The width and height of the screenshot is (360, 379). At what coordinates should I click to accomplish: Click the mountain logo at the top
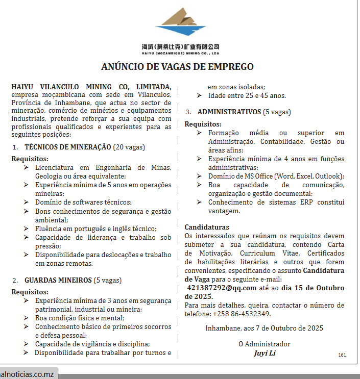click(x=180, y=24)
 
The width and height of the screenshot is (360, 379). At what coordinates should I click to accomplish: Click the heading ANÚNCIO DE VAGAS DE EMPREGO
click(x=177, y=67)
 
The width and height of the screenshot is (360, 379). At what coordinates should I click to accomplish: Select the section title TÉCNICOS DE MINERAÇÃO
click(x=68, y=147)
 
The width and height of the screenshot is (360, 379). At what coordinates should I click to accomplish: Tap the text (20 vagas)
click(x=129, y=147)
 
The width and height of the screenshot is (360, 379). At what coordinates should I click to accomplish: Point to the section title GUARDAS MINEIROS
click(x=58, y=280)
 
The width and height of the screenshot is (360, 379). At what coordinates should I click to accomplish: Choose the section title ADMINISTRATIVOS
click(x=229, y=111)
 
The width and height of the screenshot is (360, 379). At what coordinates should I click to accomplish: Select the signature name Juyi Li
click(x=264, y=352)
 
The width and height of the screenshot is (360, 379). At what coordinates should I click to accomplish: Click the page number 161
click(x=342, y=355)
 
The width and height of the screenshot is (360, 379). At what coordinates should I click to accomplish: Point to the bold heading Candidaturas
click(x=207, y=227)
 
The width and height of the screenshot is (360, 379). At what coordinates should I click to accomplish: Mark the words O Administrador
click(x=264, y=344)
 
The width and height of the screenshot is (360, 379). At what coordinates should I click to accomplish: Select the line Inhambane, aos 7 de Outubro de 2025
click(x=264, y=328)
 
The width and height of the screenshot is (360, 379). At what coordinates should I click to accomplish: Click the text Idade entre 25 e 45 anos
click(x=247, y=95)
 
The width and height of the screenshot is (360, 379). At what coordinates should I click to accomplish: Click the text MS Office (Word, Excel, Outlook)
click(x=293, y=176)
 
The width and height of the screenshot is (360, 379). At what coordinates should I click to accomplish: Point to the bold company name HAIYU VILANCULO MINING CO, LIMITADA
click(x=91, y=87)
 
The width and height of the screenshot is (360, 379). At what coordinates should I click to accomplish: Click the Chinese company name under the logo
click(x=180, y=46)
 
